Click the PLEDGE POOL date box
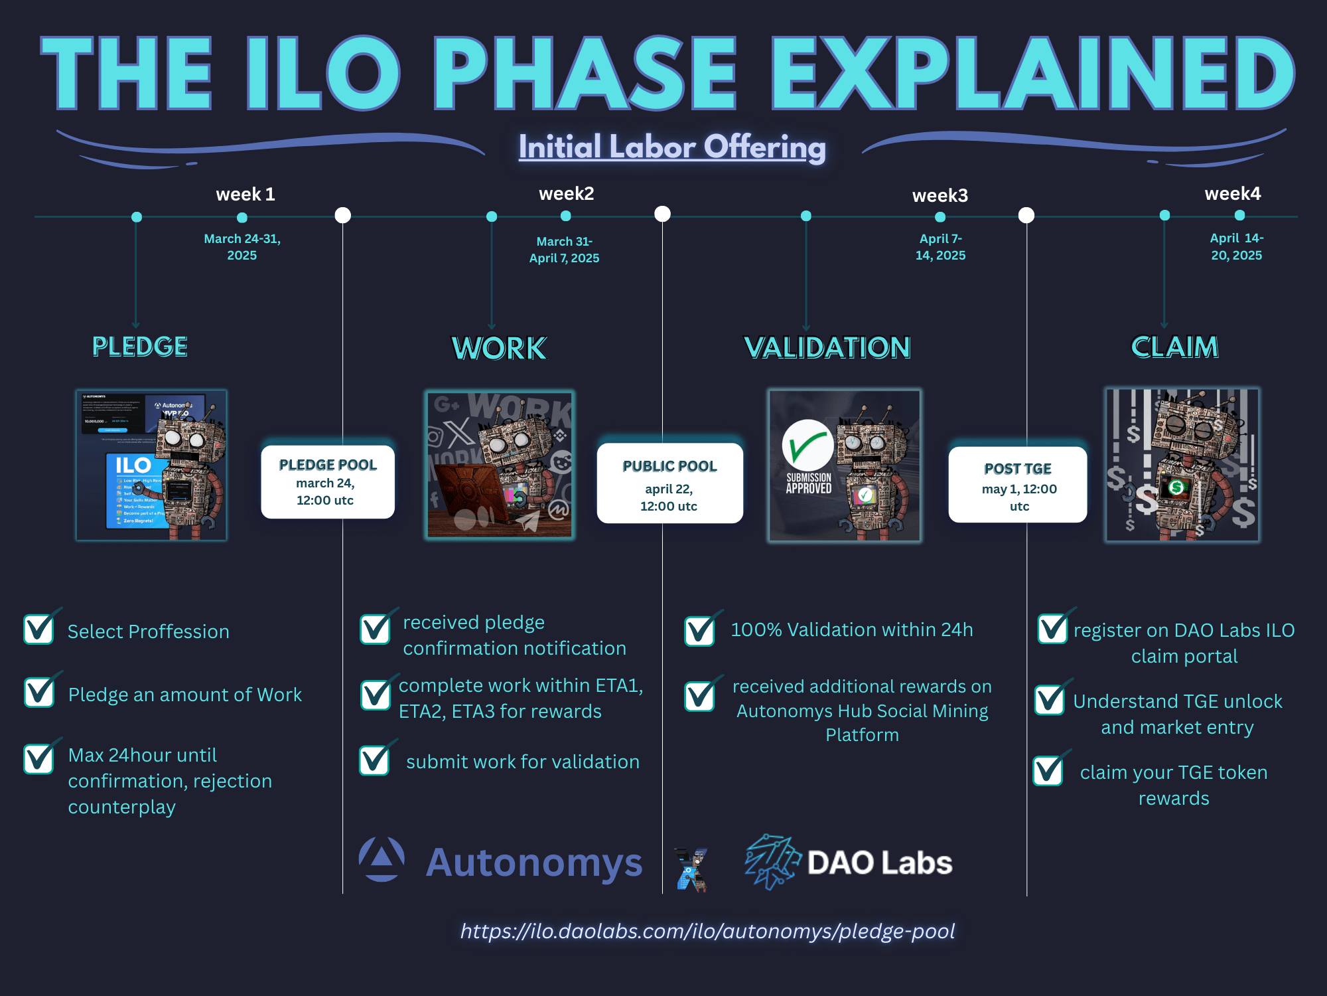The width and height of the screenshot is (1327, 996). click(328, 482)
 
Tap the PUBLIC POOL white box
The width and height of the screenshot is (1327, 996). click(669, 483)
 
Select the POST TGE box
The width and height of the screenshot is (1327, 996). click(1018, 485)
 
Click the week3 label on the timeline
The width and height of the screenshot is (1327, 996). click(940, 196)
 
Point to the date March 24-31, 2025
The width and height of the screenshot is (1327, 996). click(242, 247)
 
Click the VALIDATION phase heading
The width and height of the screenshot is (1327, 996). click(827, 347)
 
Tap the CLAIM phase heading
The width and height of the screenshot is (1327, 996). click(1174, 347)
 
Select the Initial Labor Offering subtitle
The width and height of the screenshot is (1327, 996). click(672, 147)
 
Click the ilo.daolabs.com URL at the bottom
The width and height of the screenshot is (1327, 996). click(707, 931)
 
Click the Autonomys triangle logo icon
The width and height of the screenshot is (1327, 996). click(382, 859)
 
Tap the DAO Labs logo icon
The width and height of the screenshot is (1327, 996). click(771, 862)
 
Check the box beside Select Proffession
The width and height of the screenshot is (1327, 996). click(39, 629)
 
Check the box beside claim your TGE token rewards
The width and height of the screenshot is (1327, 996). click(1049, 770)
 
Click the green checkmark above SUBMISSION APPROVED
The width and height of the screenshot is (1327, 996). click(807, 445)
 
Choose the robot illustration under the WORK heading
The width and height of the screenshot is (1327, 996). click(500, 465)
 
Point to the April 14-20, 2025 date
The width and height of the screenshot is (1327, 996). click(1237, 247)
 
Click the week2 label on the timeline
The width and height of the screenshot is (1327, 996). click(566, 194)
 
